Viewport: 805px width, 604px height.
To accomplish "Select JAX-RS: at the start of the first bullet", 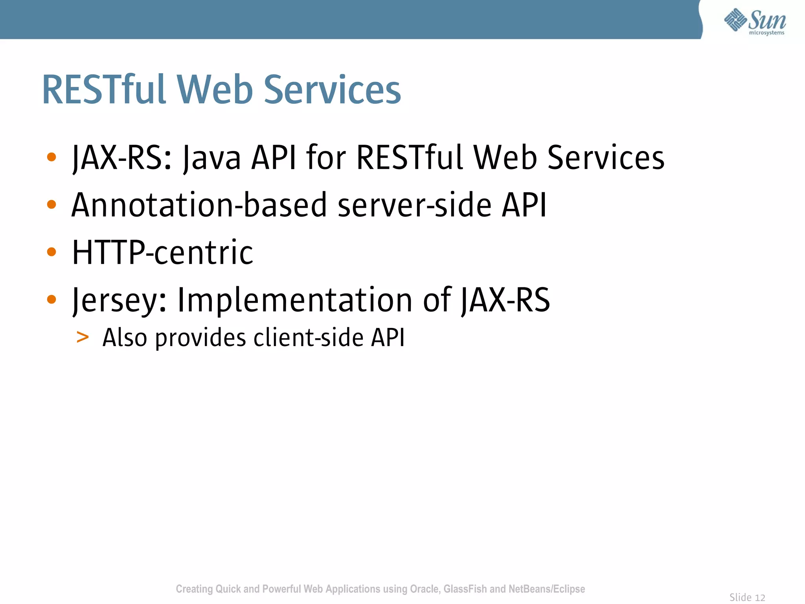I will click(x=122, y=158).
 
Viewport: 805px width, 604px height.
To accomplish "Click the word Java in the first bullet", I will click(x=212, y=158).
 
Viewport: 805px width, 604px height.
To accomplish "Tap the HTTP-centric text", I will click(x=163, y=252).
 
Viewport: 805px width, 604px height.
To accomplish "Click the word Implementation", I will click(x=295, y=300).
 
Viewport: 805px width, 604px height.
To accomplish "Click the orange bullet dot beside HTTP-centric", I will click(x=51, y=252).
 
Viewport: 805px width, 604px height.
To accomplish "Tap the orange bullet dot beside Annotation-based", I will click(x=51, y=204).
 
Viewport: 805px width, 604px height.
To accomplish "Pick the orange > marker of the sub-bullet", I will click(x=83, y=337).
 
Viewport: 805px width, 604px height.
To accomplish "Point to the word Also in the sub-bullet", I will click(x=125, y=337).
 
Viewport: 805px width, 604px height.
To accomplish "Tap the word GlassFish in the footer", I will click(x=465, y=589).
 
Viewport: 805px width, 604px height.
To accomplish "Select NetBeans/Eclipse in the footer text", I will click(x=546, y=589).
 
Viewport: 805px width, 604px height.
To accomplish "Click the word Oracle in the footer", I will click(x=425, y=589).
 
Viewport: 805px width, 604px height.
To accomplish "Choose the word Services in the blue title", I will click(x=332, y=90).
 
